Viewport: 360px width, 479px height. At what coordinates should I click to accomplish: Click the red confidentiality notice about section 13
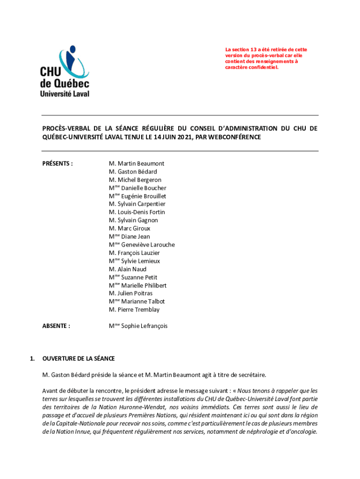coord(266,58)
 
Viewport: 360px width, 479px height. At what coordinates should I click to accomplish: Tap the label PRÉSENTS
coord(58,164)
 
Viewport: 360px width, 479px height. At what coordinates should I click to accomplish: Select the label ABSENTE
coord(56,326)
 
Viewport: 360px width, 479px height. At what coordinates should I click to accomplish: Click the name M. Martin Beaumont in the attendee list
coord(137,164)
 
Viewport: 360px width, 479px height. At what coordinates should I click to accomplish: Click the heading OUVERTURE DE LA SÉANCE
coord(78,359)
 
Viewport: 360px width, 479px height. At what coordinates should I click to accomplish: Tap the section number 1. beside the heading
coord(32,359)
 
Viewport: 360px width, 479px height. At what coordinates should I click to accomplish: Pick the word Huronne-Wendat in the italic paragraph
coord(134,407)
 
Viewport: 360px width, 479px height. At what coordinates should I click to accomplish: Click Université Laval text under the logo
coord(65,93)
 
